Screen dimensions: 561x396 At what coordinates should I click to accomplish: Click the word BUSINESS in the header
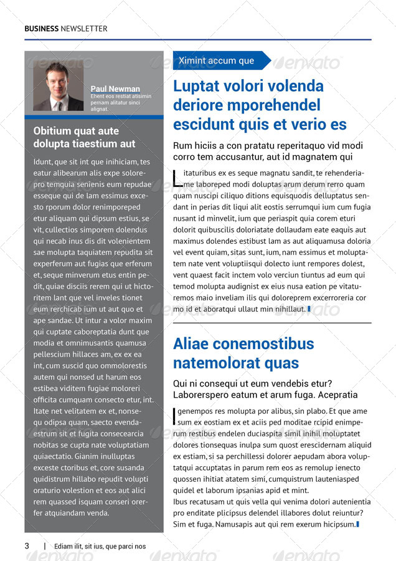point(42,29)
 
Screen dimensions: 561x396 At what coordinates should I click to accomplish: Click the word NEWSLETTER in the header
point(84,29)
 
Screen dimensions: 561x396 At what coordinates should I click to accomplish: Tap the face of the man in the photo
point(58,81)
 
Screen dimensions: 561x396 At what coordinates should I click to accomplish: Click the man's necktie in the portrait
point(59,105)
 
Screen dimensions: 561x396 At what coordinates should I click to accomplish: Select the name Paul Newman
point(115,89)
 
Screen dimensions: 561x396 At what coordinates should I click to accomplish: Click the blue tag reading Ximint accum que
point(217,60)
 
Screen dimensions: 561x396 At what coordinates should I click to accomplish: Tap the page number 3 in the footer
point(27,546)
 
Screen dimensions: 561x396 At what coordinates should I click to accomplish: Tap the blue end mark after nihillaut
point(309,308)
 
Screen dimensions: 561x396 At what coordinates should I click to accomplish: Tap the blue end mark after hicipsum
point(357,524)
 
